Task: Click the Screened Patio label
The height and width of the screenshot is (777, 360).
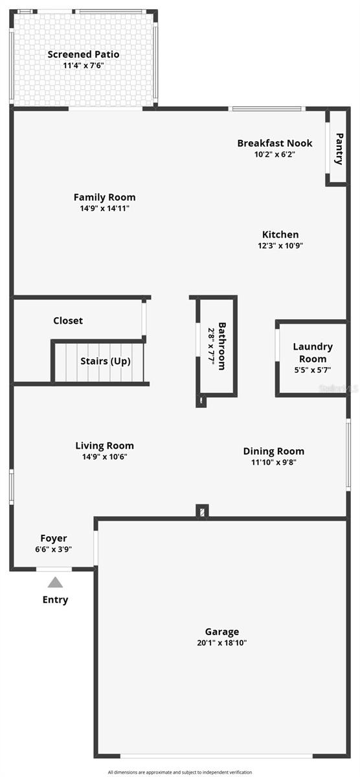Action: pos(84,54)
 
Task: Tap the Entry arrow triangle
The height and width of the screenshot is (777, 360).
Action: pos(55,582)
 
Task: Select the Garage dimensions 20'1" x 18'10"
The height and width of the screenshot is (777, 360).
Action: pos(222,643)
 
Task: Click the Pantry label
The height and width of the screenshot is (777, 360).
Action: pos(338,149)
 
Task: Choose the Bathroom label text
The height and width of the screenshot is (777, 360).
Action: pos(222,346)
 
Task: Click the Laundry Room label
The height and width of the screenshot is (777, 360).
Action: pos(313,353)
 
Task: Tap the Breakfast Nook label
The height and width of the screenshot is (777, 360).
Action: pos(275,143)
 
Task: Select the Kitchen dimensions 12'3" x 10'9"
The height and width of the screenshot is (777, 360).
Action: pos(280,245)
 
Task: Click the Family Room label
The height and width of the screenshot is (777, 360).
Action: pos(104,197)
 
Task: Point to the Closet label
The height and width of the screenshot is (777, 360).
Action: pos(68,321)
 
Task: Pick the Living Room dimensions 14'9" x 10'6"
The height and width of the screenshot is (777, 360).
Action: pos(104,456)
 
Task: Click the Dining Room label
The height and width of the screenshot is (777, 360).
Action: pos(273,451)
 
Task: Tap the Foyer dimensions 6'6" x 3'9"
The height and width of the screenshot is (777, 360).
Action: pos(53,549)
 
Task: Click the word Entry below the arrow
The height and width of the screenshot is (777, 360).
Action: pos(55,600)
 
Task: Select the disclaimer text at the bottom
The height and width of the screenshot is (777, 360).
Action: pos(180,772)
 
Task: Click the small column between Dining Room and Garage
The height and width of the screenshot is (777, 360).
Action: pos(203,512)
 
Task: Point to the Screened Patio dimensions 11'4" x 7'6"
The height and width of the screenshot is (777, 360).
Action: pos(84,65)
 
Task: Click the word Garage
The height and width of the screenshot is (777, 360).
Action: pos(222,632)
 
